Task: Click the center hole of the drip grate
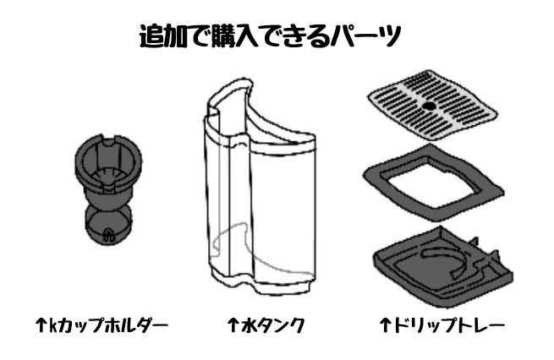429,106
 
